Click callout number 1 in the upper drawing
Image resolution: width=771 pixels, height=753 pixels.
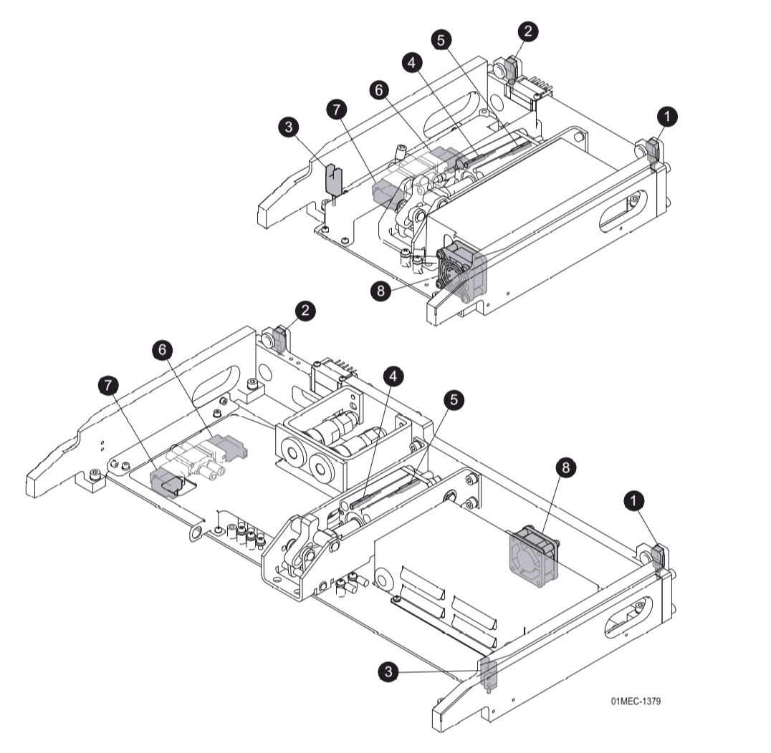pyautogui.click(x=667, y=117)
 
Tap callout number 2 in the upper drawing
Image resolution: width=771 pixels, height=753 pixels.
pyautogui.click(x=527, y=31)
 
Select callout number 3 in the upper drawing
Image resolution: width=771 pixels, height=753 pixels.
pyautogui.click(x=289, y=127)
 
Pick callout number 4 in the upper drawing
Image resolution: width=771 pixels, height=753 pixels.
pyautogui.click(x=411, y=62)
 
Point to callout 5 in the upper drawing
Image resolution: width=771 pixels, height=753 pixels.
pyautogui.click(x=441, y=40)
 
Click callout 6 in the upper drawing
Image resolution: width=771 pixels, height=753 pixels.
pyautogui.click(x=379, y=90)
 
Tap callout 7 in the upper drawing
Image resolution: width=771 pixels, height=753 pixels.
pyautogui.click(x=337, y=109)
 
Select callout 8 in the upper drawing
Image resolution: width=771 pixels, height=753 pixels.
pyautogui.click(x=380, y=291)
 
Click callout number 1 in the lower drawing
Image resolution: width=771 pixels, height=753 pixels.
pyautogui.click(x=634, y=501)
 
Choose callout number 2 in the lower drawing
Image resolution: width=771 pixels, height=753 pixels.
pyautogui.click(x=305, y=311)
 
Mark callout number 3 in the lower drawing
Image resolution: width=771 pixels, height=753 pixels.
pyautogui.click(x=388, y=671)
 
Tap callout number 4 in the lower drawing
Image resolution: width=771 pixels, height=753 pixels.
pyautogui.click(x=393, y=376)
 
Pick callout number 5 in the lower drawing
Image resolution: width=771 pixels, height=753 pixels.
pyautogui.click(x=454, y=400)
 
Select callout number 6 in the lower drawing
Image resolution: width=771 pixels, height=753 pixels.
pyautogui.click(x=162, y=350)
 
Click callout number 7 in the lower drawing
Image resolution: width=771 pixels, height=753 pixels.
pyautogui.click(x=109, y=385)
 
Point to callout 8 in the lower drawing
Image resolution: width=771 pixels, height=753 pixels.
pyautogui.click(x=565, y=467)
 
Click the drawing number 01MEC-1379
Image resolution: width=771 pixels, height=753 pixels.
pyautogui.click(x=636, y=701)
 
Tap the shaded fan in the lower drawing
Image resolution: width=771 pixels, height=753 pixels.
pyautogui.click(x=534, y=557)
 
